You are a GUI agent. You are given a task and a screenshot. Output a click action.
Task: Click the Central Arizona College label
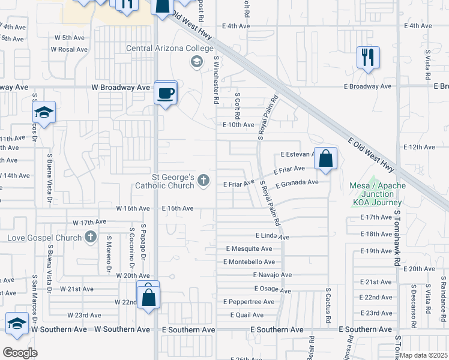pyautogui.click(x=169, y=49)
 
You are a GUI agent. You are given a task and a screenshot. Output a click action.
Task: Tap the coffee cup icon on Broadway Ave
pyautogui.click(x=166, y=93)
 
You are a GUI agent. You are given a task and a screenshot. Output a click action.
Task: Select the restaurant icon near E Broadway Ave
pyautogui.click(x=368, y=58)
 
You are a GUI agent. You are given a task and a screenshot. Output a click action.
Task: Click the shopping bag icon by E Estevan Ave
pyautogui.click(x=325, y=159)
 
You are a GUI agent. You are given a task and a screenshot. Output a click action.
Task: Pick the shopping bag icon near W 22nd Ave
pyautogui.click(x=148, y=296)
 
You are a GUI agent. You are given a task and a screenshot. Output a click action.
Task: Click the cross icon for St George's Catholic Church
pyautogui.click(x=204, y=180)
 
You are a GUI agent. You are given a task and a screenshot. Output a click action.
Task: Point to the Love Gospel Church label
pyautogui.click(x=44, y=238)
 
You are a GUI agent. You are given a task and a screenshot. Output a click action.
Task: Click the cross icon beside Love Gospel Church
pyautogui.click(x=91, y=237)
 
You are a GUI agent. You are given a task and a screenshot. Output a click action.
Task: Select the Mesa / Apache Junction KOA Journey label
pyautogui.click(x=378, y=194)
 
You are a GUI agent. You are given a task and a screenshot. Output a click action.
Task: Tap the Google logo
pyautogui.click(x=20, y=352)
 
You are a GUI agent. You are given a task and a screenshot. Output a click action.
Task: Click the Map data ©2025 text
pyautogui.click(x=424, y=355)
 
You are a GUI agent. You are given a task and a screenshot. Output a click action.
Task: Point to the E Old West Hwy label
pyautogui.click(x=370, y=154)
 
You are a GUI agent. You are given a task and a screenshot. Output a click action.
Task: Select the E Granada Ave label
pyautogui.click(x=297, y=182)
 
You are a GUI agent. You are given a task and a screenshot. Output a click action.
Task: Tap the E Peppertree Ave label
pyautogui.click(x=248, y=302)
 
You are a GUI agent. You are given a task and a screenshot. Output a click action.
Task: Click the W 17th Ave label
pyautogui.click(x=89, y=222)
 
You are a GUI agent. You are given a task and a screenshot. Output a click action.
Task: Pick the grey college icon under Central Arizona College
pyautogui.click(x=196, y=61)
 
